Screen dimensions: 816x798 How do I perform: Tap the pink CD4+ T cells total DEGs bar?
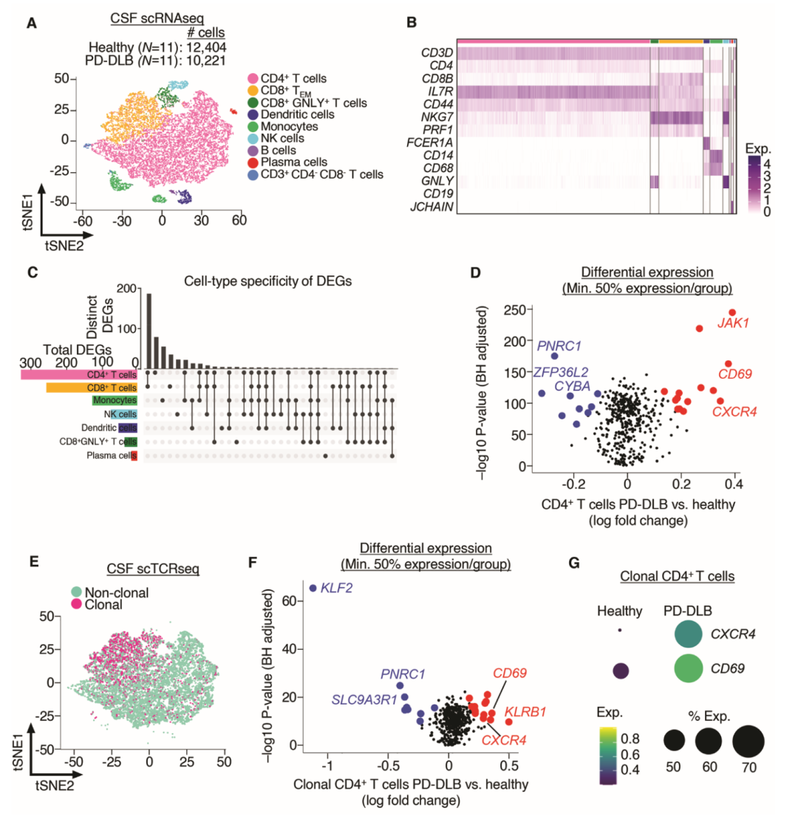pyautogui.click(x=78, y=376)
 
